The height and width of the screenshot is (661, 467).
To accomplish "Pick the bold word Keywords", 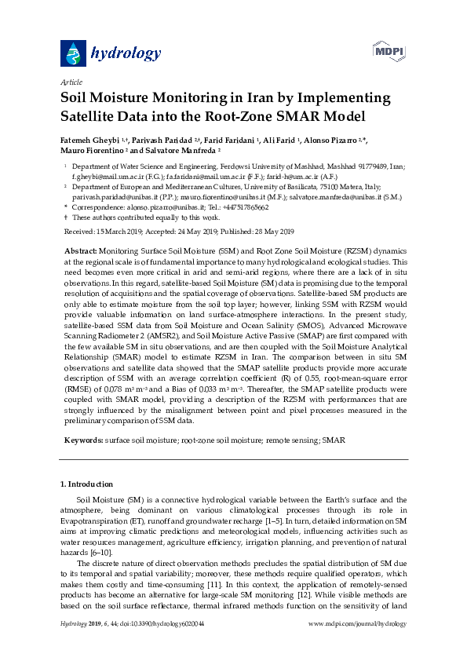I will point(82,440).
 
